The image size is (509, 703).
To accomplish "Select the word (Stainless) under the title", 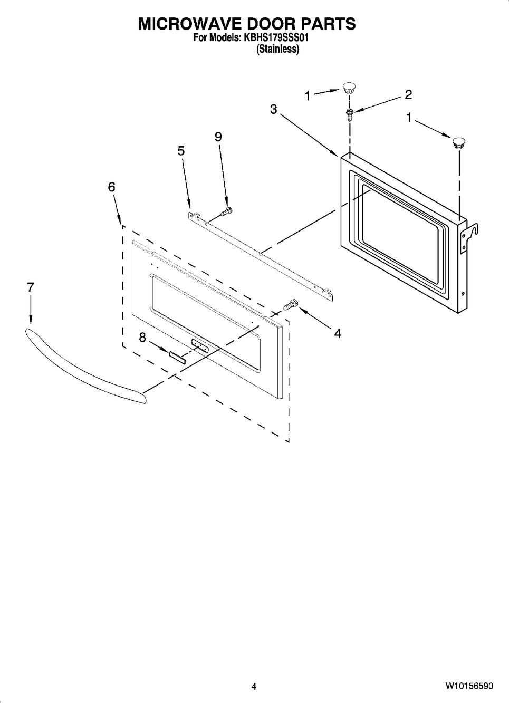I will pos(277,50).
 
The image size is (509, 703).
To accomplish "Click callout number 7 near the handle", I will pos(30,287).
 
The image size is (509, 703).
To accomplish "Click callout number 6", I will pos(111,187).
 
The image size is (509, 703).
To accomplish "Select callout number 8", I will pos(142,338).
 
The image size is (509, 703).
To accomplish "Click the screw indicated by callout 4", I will pos(290,304).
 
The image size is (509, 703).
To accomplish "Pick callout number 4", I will pos(338,333).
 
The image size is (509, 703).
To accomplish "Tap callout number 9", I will pos(218,137).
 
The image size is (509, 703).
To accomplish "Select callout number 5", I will pos(181,151).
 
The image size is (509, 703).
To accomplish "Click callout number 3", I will pos(273,109).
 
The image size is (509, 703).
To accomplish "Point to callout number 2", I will pos(408,94).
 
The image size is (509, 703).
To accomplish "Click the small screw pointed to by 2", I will pos(349,114).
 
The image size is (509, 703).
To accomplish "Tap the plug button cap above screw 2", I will pos(349,87).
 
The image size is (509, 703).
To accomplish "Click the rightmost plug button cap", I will pos(458,142).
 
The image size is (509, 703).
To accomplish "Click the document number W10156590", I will pos(469,686).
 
